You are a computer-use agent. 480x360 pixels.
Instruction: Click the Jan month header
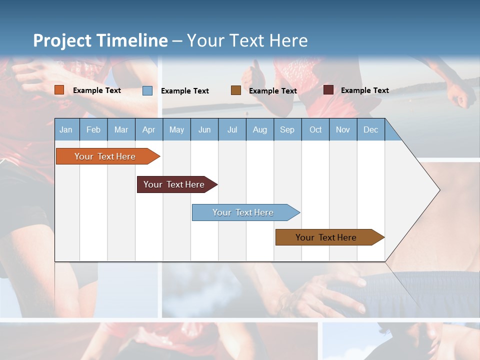point(66,129)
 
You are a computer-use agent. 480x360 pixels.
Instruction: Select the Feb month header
point(93,129)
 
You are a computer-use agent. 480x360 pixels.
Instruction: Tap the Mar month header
point(121,129)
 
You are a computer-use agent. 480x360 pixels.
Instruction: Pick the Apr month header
point(149,129)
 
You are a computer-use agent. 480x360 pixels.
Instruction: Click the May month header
point(176,129)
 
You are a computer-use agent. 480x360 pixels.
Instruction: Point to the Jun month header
point(204,129)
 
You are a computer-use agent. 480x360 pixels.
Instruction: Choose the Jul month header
point(232,129)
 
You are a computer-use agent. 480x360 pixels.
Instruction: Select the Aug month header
point(260,129)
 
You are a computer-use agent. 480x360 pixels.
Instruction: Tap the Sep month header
point(287,129)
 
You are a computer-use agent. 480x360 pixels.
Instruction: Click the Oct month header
point(315,129)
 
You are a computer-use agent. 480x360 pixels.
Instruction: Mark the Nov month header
point(343,129)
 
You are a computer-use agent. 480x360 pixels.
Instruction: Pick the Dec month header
point(371,129)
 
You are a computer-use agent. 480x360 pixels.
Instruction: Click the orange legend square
point(59,90)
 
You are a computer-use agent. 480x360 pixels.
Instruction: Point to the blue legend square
point(147,90)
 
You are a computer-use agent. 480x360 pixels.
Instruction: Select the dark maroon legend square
point(328,90)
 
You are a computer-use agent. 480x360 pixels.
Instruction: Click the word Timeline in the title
point(132,40)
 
